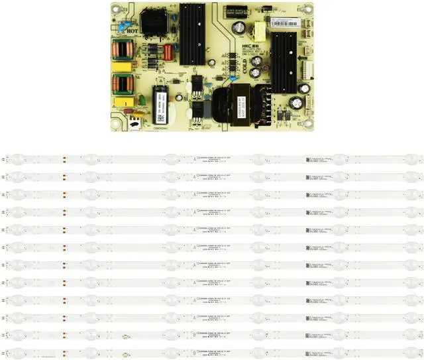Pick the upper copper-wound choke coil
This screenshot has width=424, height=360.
[123, 50]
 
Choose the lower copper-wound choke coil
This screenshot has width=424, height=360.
[123, 84]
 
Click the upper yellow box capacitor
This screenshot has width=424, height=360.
[123, 66]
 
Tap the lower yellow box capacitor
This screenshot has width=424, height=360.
[123, 102]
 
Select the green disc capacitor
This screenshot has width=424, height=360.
[140, 100]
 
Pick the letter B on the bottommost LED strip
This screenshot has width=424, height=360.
[193, 351]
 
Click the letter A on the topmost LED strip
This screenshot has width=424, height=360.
[193, 158]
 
